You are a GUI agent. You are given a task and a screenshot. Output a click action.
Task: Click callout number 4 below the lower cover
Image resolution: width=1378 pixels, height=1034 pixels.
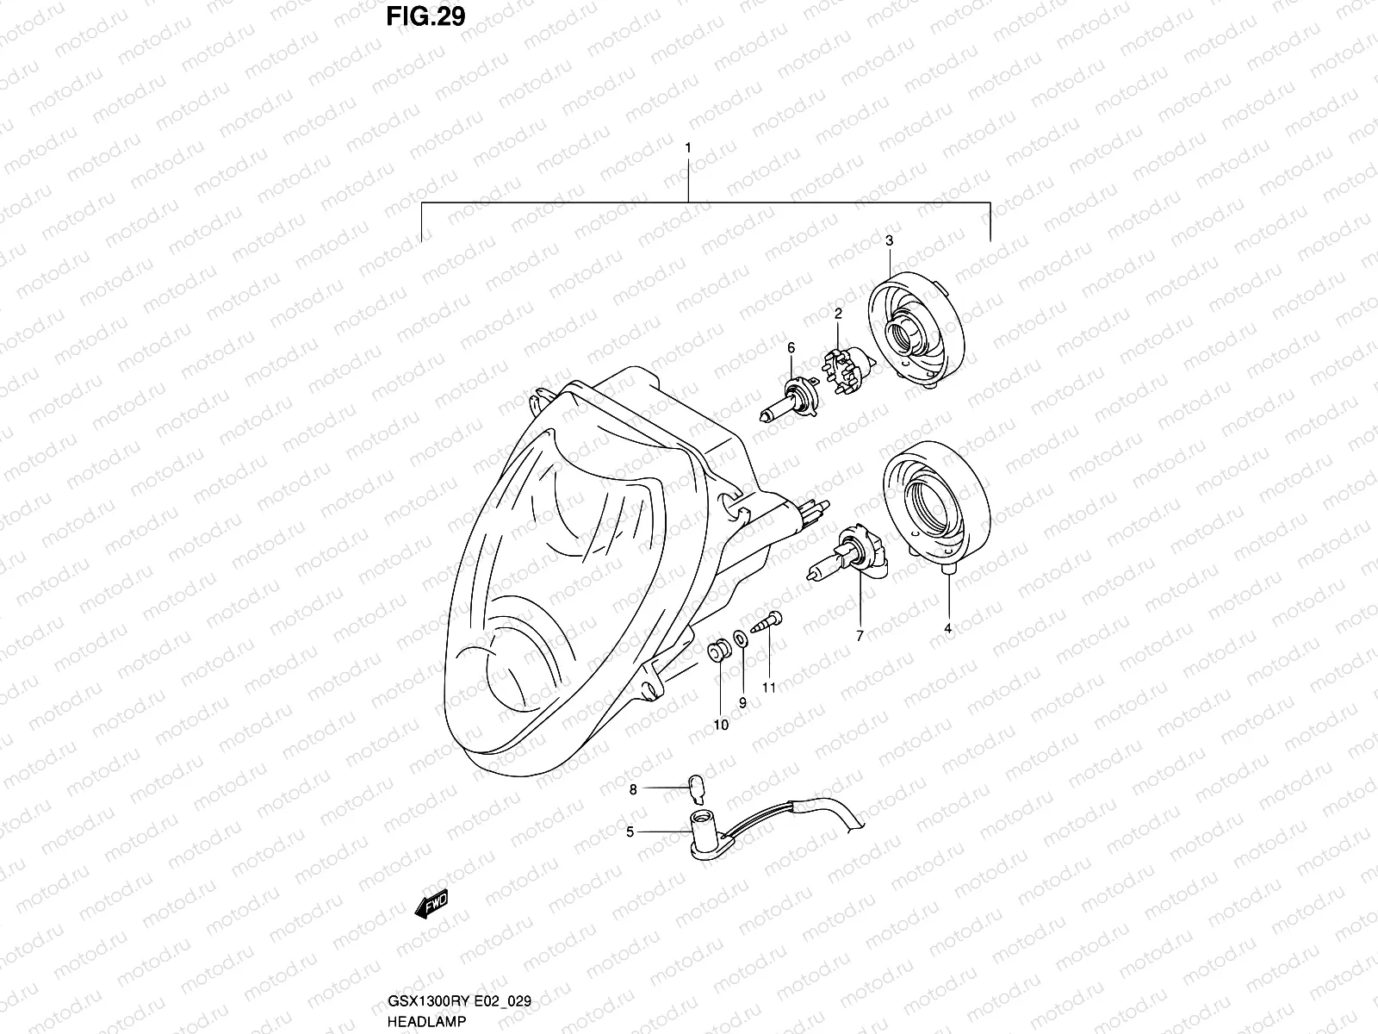(x=947, y=629)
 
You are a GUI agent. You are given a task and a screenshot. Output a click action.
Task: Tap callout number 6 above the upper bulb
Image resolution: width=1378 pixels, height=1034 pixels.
(x=790, y=348)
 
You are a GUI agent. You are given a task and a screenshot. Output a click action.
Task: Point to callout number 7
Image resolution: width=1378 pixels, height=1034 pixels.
(x=859, y=636)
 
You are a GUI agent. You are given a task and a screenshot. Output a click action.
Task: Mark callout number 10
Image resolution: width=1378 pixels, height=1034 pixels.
(x=721, y=725)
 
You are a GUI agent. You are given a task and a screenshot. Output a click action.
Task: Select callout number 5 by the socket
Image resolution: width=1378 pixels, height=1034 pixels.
(x=630, y=832)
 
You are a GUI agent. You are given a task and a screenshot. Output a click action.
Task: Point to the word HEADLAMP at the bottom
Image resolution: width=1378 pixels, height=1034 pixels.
(x=428, y=1021)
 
